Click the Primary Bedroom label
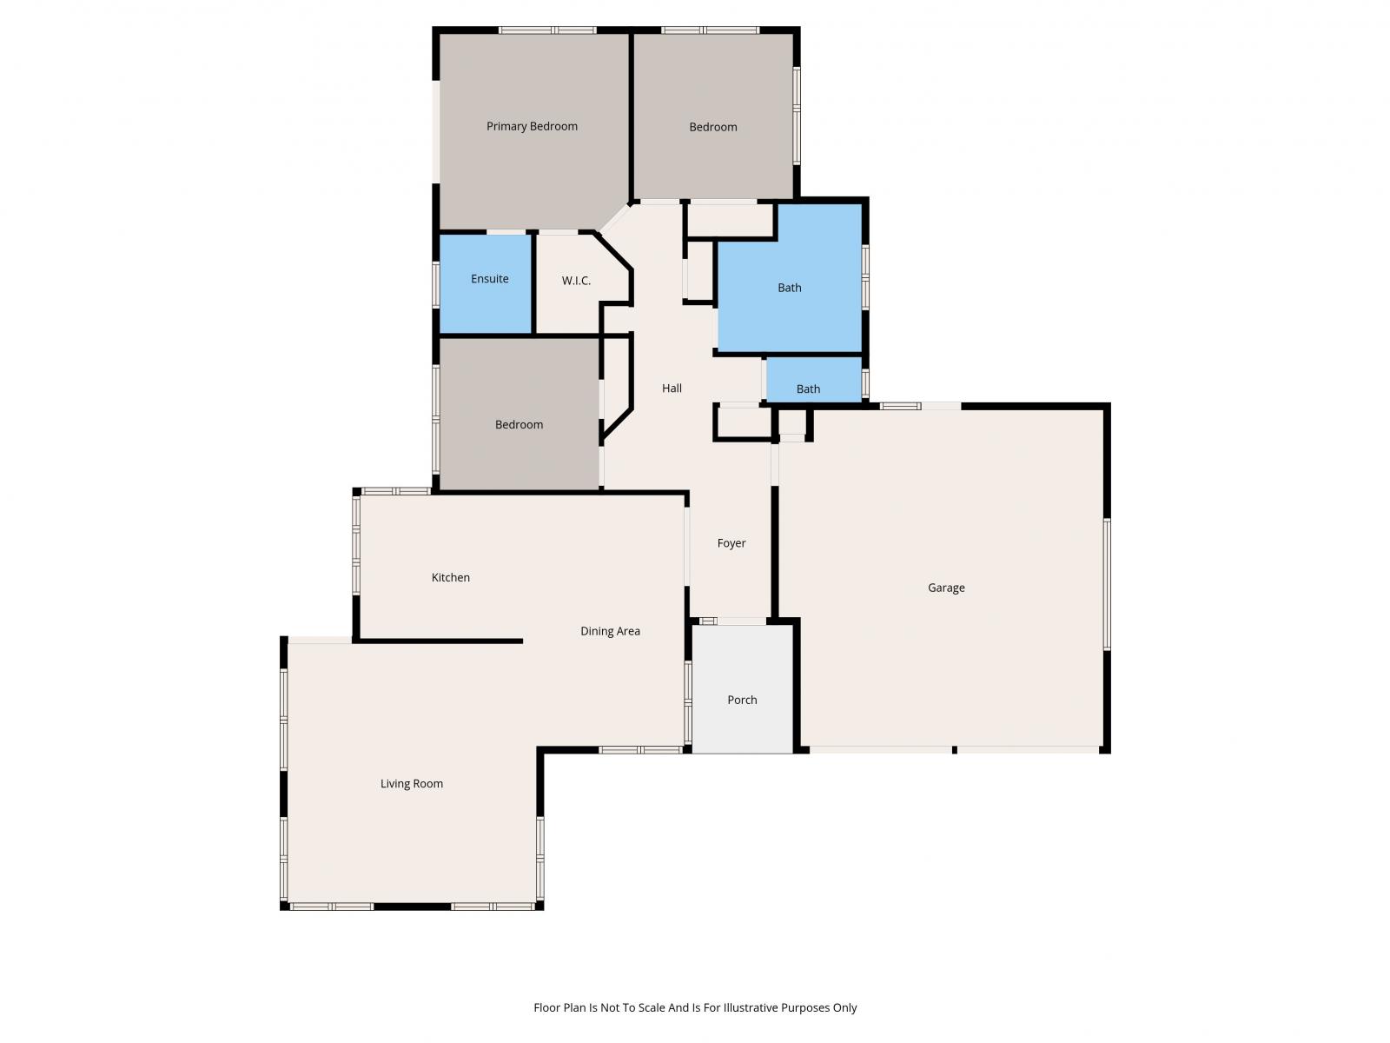pyautogui.click(x=532, y=126)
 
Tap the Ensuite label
pyautogui.click(x=490, y=279)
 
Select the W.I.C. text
pyautogui.click(x=576, y=281)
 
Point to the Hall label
pyautogui.click(x=672, y=389)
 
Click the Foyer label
pyautogui.click(x=731, y=543)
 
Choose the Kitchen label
pyautogui.click(x=451, y=578)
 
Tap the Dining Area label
pyautogui.click(x=610, y=632)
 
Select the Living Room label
pyautogui.click(x=412, y=784)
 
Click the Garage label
pyautogui.click(x=946, y=588)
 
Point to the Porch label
pyautogui.click(x=742, y=701)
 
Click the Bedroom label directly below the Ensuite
pyautogui.click(x=519, y=425)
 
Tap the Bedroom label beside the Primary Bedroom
pyautogui.click(x=713, y=127)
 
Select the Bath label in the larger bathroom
pyautogui.click(x=790, y=288)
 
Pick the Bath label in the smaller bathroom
pyautogui.click(x=808, y=389)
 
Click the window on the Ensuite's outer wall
pyautogui.click(x=436, y=283)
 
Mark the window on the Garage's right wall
pyautogui.click(x=1107, y=584)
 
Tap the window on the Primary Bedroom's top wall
pyautogui.click(x=547, y=30)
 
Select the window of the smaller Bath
pyautogui.click(x=865, y=382)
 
